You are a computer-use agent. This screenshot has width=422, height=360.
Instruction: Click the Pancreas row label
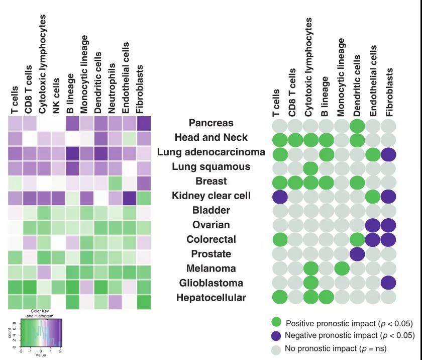211,123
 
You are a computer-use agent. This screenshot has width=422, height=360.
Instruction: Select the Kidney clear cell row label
211,195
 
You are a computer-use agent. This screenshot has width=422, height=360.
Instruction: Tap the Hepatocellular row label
211,298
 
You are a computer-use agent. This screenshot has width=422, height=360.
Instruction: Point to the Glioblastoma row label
211,283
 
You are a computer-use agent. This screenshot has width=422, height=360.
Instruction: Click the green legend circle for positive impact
276,322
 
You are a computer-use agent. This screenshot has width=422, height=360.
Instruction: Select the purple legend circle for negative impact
276,335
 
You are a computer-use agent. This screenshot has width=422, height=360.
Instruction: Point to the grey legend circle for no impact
276,348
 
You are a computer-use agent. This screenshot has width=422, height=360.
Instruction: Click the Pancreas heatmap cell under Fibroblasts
144,124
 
